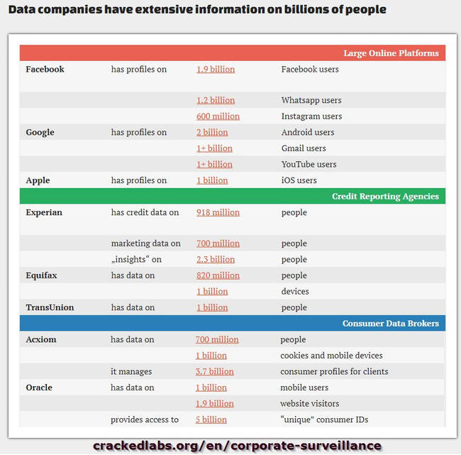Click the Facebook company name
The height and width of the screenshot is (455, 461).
[x=45, y=70]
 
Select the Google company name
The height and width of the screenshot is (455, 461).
[x=40, y=132]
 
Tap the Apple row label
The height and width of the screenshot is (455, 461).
[x=38, y=180]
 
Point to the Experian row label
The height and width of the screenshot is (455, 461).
[x=44, y=212]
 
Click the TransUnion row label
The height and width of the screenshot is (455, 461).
[x=50, y=307]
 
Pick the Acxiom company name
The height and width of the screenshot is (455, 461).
[x=40, y=339]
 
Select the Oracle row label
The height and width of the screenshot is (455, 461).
[x=38, y=388]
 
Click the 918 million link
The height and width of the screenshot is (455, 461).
[x=218, y=212]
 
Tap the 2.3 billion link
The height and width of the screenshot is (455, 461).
[x=215, y=260]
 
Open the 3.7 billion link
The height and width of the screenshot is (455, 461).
[x=214, y=371]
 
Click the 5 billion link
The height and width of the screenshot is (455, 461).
[x=211, y=420]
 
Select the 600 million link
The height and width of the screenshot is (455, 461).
[x=218, y=116]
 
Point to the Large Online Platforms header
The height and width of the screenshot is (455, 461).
[x=391, y=53]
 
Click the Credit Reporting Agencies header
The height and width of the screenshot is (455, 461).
[x=385, y=197]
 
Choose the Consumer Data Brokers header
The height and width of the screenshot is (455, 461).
[x=390, y=324]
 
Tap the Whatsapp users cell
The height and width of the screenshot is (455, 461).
[x=311, y=101]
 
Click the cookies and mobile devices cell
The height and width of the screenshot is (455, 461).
[x=331, y=356]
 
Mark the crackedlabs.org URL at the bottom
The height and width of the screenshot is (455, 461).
[x=237, y=445]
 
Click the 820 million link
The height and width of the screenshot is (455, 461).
[x=218, y=275]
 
